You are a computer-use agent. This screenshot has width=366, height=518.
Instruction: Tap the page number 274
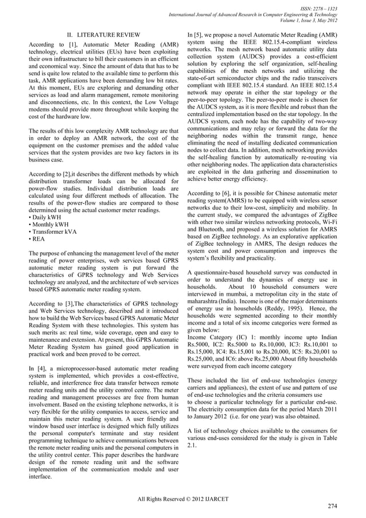[331, 505]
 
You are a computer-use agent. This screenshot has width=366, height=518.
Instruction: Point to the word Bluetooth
[213, 229]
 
